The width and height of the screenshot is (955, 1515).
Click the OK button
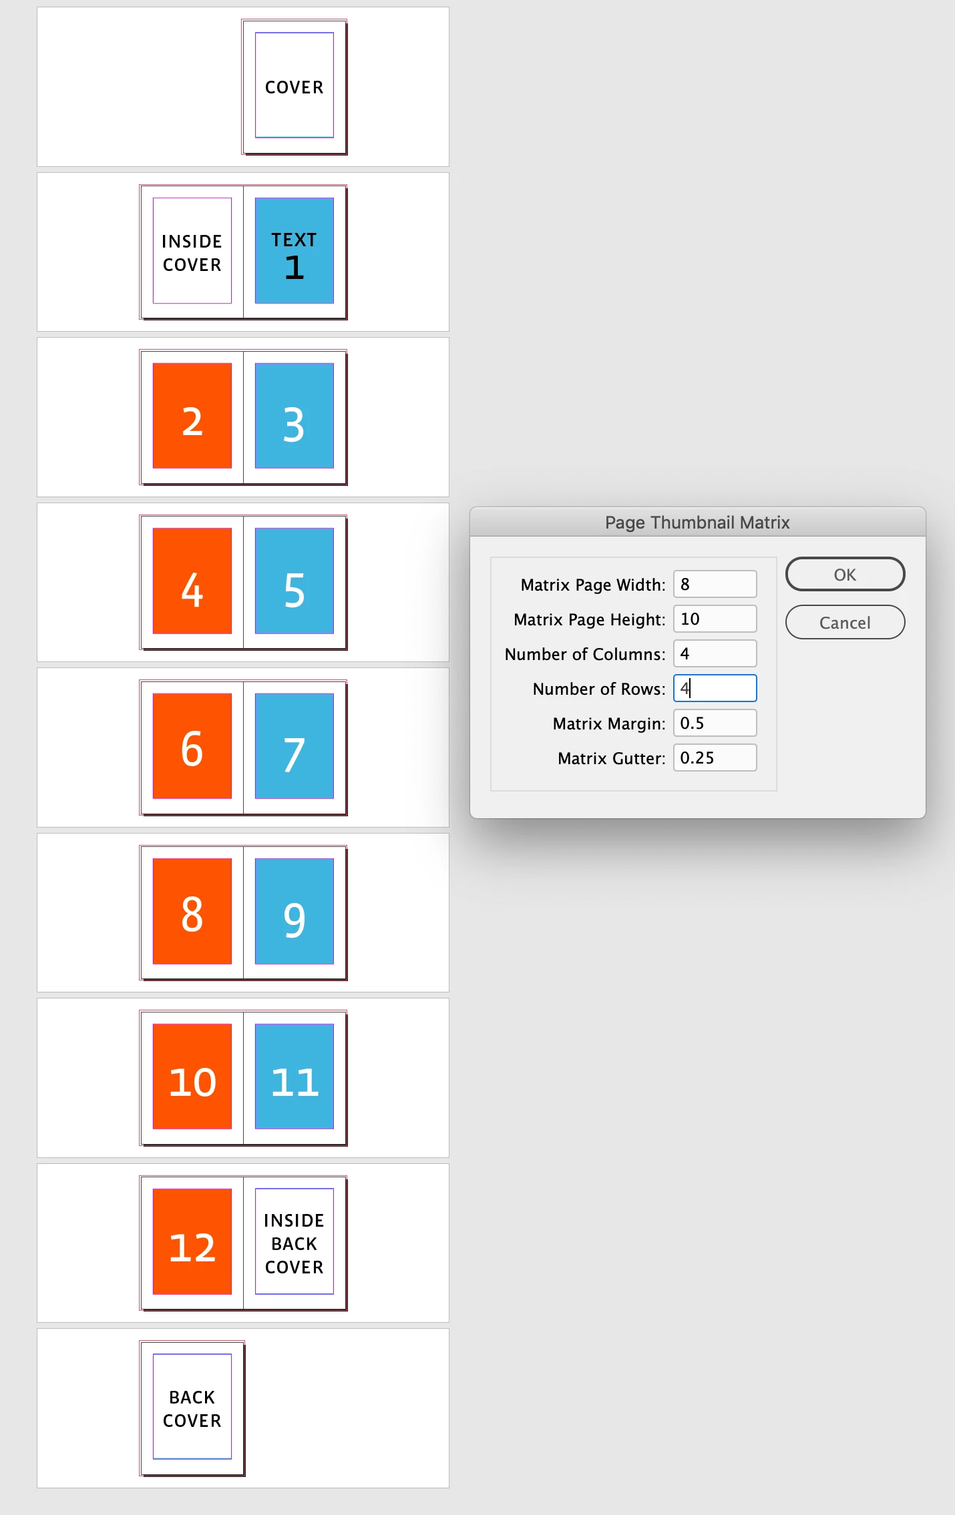[x=845, y=574]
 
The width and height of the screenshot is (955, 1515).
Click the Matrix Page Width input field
[x=715, y=584]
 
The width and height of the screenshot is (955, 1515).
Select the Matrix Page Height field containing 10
[x=715, y=619]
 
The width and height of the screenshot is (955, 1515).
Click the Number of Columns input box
[x=715, y=653]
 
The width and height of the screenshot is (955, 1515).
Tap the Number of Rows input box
[x=715, y=688]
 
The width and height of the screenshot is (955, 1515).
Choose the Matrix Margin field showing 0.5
[x=715, y=723]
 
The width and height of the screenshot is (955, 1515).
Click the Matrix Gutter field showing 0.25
[x=715, y=757]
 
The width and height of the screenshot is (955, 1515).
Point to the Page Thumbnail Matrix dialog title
[x=697, y=523]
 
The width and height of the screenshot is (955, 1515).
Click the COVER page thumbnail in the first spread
[x=295, y=87]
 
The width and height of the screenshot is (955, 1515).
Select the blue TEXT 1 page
[x=295, y=250]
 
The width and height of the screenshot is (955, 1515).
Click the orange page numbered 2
[x=192, y=415]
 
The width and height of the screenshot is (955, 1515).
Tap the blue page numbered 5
[x=295, y=581]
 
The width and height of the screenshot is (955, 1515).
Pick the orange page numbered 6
[x=192, y=745]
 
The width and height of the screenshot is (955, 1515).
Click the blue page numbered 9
[x=295, y=911]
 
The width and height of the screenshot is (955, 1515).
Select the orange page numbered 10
[x=192, y=1076]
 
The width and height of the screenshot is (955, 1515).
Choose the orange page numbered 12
[x=192, y=1241]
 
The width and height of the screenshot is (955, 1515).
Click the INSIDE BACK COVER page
[x=295, y=1241]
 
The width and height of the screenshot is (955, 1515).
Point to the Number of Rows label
[x=599, y=689]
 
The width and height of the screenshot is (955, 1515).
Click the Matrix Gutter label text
[x=612, y=758]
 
